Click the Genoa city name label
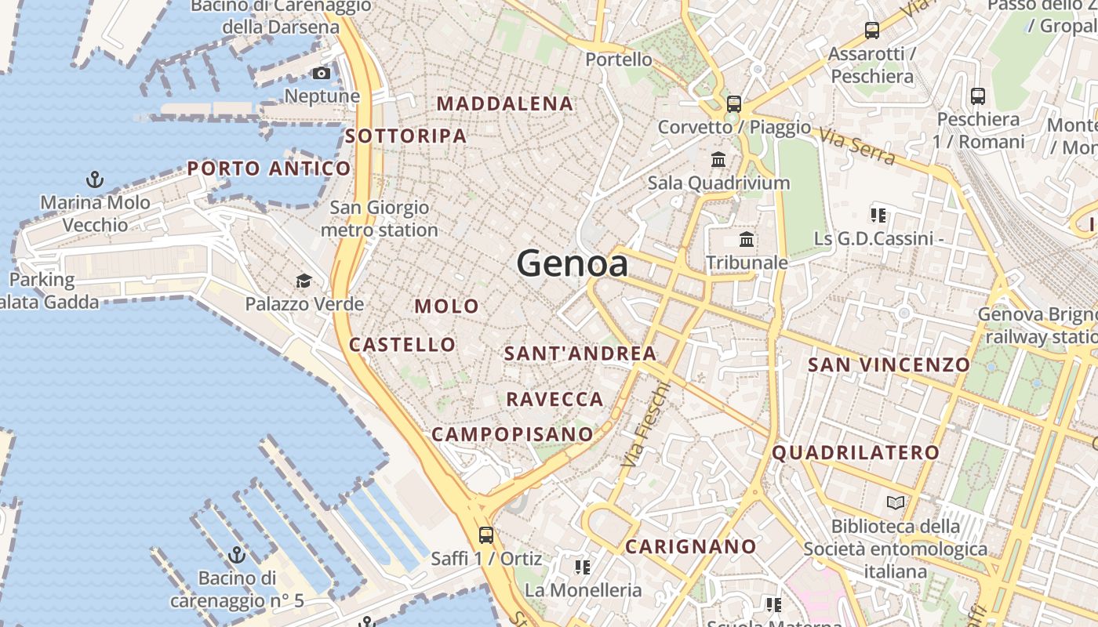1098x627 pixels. coord(573,263)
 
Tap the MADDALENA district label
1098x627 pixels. coord(505,103)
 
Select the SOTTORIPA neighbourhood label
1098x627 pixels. coord(405,136)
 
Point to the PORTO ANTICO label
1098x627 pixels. coord(269,169)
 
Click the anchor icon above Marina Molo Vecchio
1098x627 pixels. coord(95,180)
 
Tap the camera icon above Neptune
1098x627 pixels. coord(322,74)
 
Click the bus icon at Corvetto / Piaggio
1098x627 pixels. coord(734,103)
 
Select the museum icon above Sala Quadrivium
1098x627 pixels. coord(718,160)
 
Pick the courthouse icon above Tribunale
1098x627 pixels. coord(747,239)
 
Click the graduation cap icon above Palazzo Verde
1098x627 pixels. coord(303,281)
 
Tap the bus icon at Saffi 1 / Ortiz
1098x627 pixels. coord(486,535)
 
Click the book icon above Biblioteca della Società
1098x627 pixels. coord(895,502)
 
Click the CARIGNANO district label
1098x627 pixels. coord(690,546)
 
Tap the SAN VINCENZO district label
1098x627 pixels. coord(889,364)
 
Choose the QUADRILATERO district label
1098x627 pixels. coord(855,452)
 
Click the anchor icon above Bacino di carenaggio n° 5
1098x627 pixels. coord(237,556)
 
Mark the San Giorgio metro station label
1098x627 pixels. coord(379,219)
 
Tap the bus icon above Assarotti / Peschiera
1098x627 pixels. coord(872,31)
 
